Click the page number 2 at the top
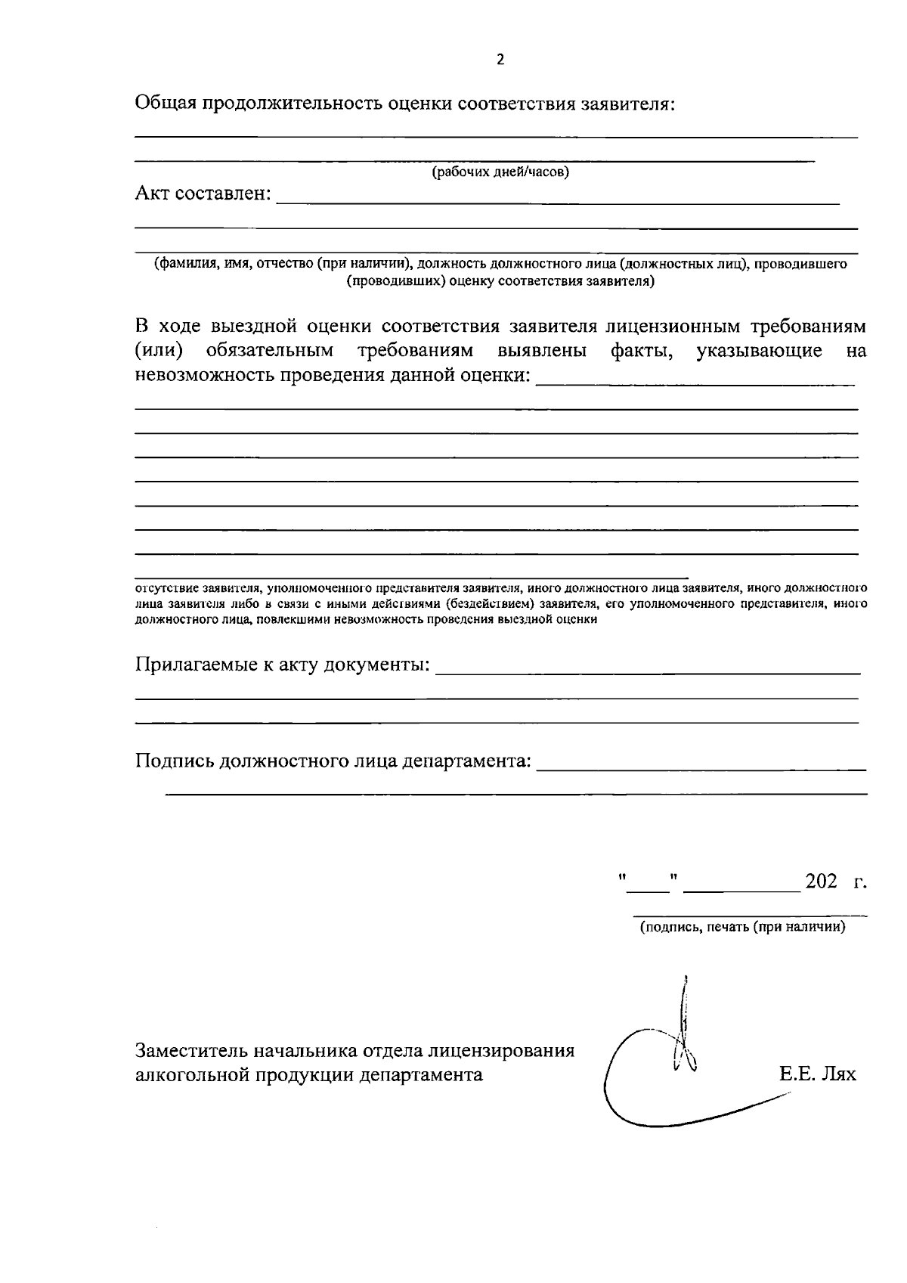coord(500,60)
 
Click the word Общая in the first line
coord(164,104)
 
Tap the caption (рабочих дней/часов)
coord(500,172)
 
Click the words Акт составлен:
coord(203,194)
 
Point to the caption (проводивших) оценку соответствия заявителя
coord(500,282)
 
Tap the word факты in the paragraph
coord(641,351)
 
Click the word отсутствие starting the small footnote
coord(160,587)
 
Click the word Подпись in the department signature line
coord(175,761)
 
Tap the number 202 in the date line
coord(821,882)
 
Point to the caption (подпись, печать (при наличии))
coord(742,927)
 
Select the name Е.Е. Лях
coord(818,1074)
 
